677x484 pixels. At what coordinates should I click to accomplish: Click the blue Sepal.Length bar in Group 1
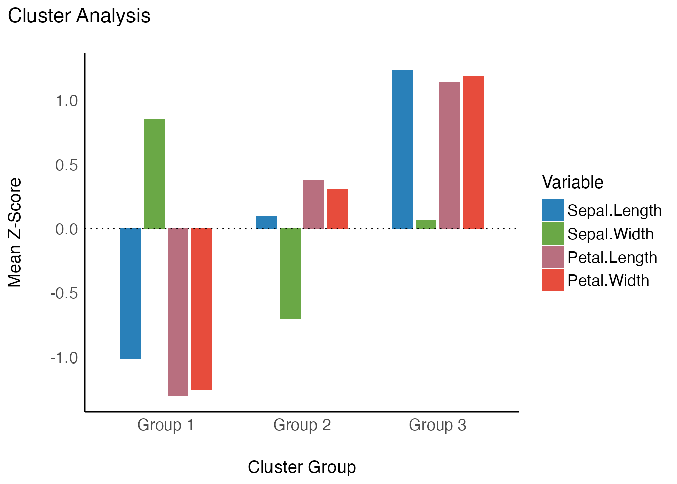coord(130,293)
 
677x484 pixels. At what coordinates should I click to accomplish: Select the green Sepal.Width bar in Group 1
coord(154,174)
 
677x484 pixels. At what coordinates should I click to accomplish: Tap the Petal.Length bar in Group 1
coord(178,312)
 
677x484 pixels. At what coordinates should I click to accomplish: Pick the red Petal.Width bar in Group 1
coord(201,309)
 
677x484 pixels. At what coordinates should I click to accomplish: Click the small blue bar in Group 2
coord(266,222)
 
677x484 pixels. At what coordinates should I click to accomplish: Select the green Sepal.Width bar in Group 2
coord(290,273)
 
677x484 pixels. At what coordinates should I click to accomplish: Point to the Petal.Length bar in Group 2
coord(314,204)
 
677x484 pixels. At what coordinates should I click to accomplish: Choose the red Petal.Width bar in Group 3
coord(473,152)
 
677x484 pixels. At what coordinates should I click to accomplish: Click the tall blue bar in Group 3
coord(402,149)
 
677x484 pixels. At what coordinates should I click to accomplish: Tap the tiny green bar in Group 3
coord(426,224)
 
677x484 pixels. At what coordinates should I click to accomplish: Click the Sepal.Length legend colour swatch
coord(553,210)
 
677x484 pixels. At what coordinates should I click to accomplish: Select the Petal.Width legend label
coord(608,280)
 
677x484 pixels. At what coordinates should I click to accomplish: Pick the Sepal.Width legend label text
coord(610,234)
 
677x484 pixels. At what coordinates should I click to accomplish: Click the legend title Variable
coord(572,182)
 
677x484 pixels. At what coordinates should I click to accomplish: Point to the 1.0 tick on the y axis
coord(66,101)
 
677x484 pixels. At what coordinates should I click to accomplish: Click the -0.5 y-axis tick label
coord(64,293)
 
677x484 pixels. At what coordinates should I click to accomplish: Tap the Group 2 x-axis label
coord(302,425)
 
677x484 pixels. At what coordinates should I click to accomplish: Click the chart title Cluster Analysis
coord(79,16)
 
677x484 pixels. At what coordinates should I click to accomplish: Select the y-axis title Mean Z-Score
coord(15,232)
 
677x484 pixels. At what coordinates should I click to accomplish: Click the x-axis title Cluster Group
coord(302,467)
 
